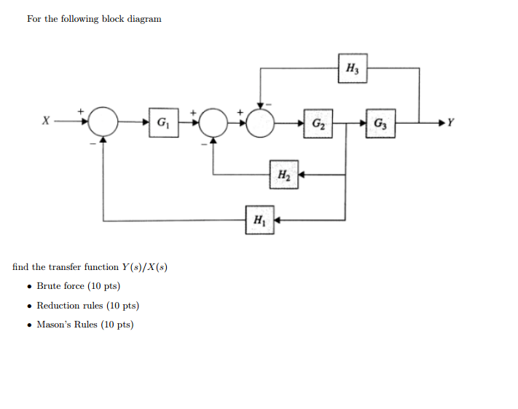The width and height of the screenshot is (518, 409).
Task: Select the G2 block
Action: [318, 122]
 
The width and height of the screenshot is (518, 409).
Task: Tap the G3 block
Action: [381, 122]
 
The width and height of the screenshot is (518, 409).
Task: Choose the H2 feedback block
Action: [283, 175]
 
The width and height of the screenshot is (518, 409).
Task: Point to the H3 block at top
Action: [352, 68]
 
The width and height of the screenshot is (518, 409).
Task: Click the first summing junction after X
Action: [103, 122]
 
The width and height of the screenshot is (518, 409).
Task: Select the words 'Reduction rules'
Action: [68, 306]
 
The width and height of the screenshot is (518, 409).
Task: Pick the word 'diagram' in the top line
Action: [144, 19]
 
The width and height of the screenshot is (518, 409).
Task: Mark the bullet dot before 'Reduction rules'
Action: [28, 306]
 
